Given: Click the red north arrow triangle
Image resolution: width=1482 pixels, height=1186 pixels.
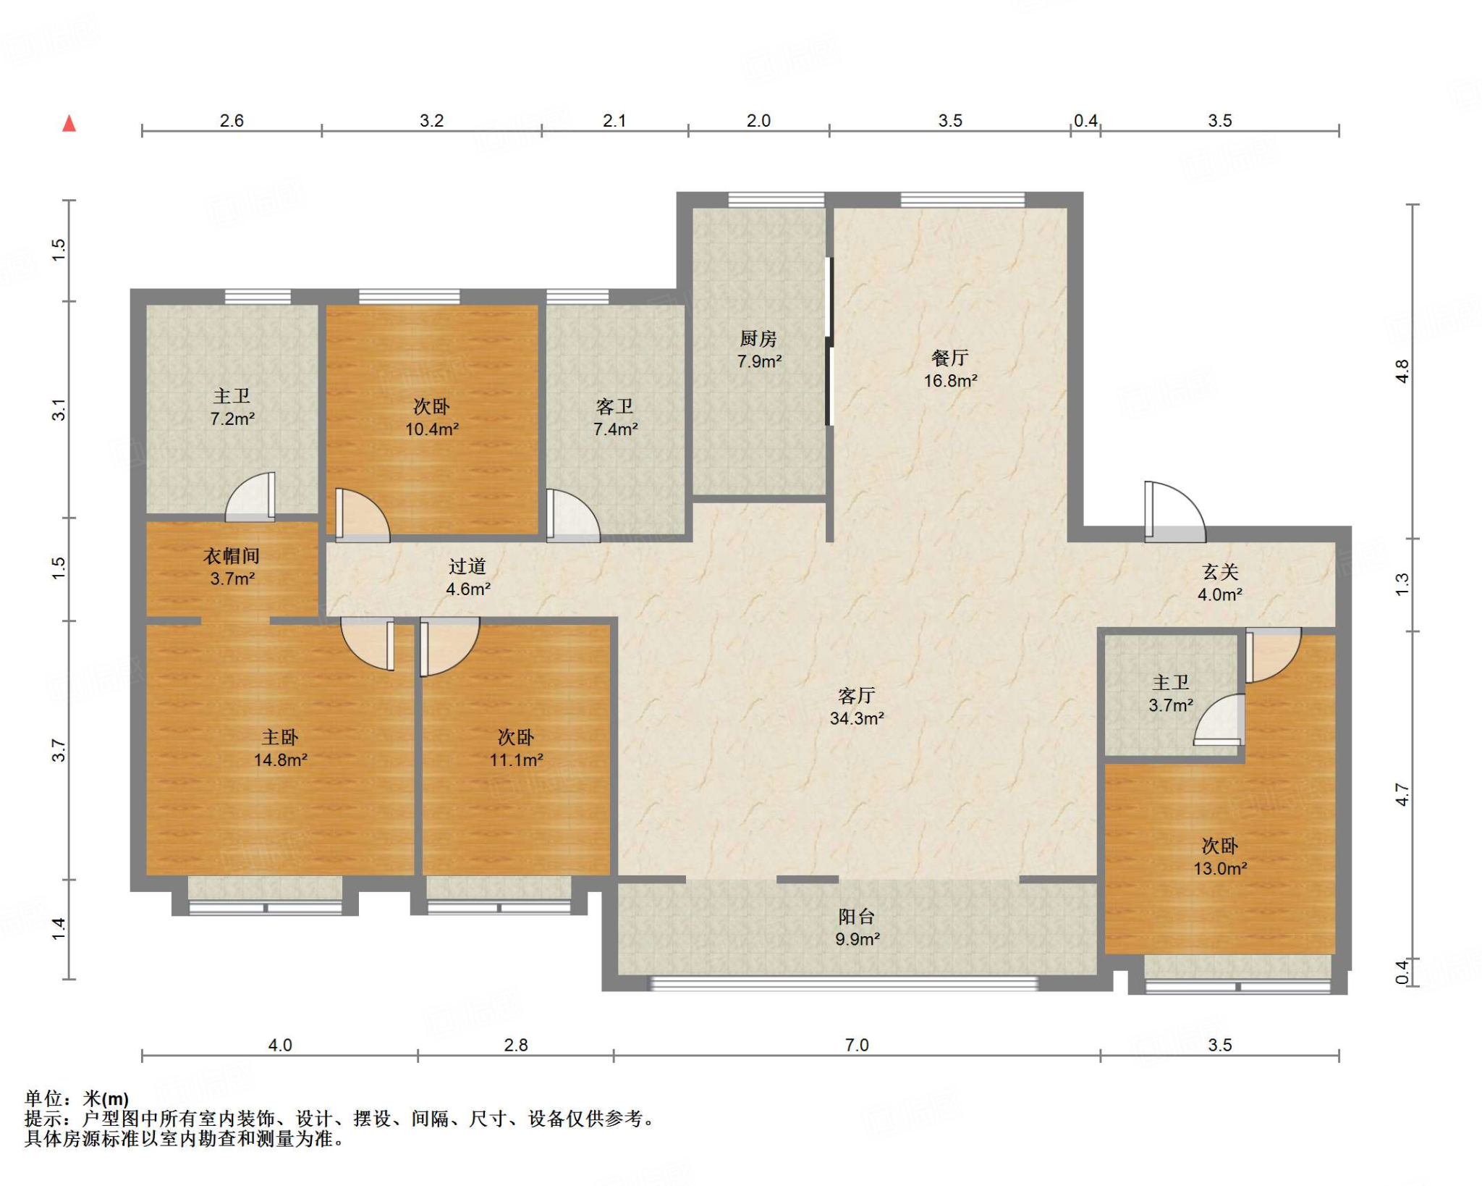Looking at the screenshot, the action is pos(69,124).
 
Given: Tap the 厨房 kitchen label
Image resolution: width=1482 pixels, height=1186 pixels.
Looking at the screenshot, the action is pos(758,338).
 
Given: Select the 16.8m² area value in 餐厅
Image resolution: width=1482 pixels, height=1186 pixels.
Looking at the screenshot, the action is pos(950,381).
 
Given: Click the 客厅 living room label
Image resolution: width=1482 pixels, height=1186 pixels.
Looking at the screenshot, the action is pos(857,696).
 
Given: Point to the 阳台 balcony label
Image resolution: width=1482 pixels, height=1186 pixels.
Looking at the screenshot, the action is pos(857,917).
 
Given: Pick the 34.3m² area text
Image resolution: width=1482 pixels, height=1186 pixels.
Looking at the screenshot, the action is pos(857,718).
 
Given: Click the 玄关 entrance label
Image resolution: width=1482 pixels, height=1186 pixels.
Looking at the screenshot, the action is pos(1220,572).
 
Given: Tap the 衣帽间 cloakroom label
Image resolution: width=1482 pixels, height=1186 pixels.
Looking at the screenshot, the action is pos(232,556).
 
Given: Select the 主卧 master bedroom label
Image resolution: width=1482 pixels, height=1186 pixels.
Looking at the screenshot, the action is pos(280,737).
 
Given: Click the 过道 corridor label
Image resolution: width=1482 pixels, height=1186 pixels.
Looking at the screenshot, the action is pos(467,566).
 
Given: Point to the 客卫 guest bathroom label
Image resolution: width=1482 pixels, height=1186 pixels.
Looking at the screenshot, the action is pos(615,406).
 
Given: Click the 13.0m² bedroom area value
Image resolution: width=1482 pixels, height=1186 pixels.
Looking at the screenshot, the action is pos(1220,868).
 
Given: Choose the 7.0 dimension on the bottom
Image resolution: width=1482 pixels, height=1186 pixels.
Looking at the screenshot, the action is pos(857,1045).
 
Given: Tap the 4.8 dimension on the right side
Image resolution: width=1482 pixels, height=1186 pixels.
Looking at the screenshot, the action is pos(1402,371).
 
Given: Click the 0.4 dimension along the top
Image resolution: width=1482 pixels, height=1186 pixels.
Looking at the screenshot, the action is pos(1085,121).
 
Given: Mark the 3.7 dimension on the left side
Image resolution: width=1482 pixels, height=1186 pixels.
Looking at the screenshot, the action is pos(59,750).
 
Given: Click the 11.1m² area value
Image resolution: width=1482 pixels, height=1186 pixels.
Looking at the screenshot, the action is pos(516,760).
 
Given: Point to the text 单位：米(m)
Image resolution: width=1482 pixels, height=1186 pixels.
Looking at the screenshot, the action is pos(77,1098).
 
